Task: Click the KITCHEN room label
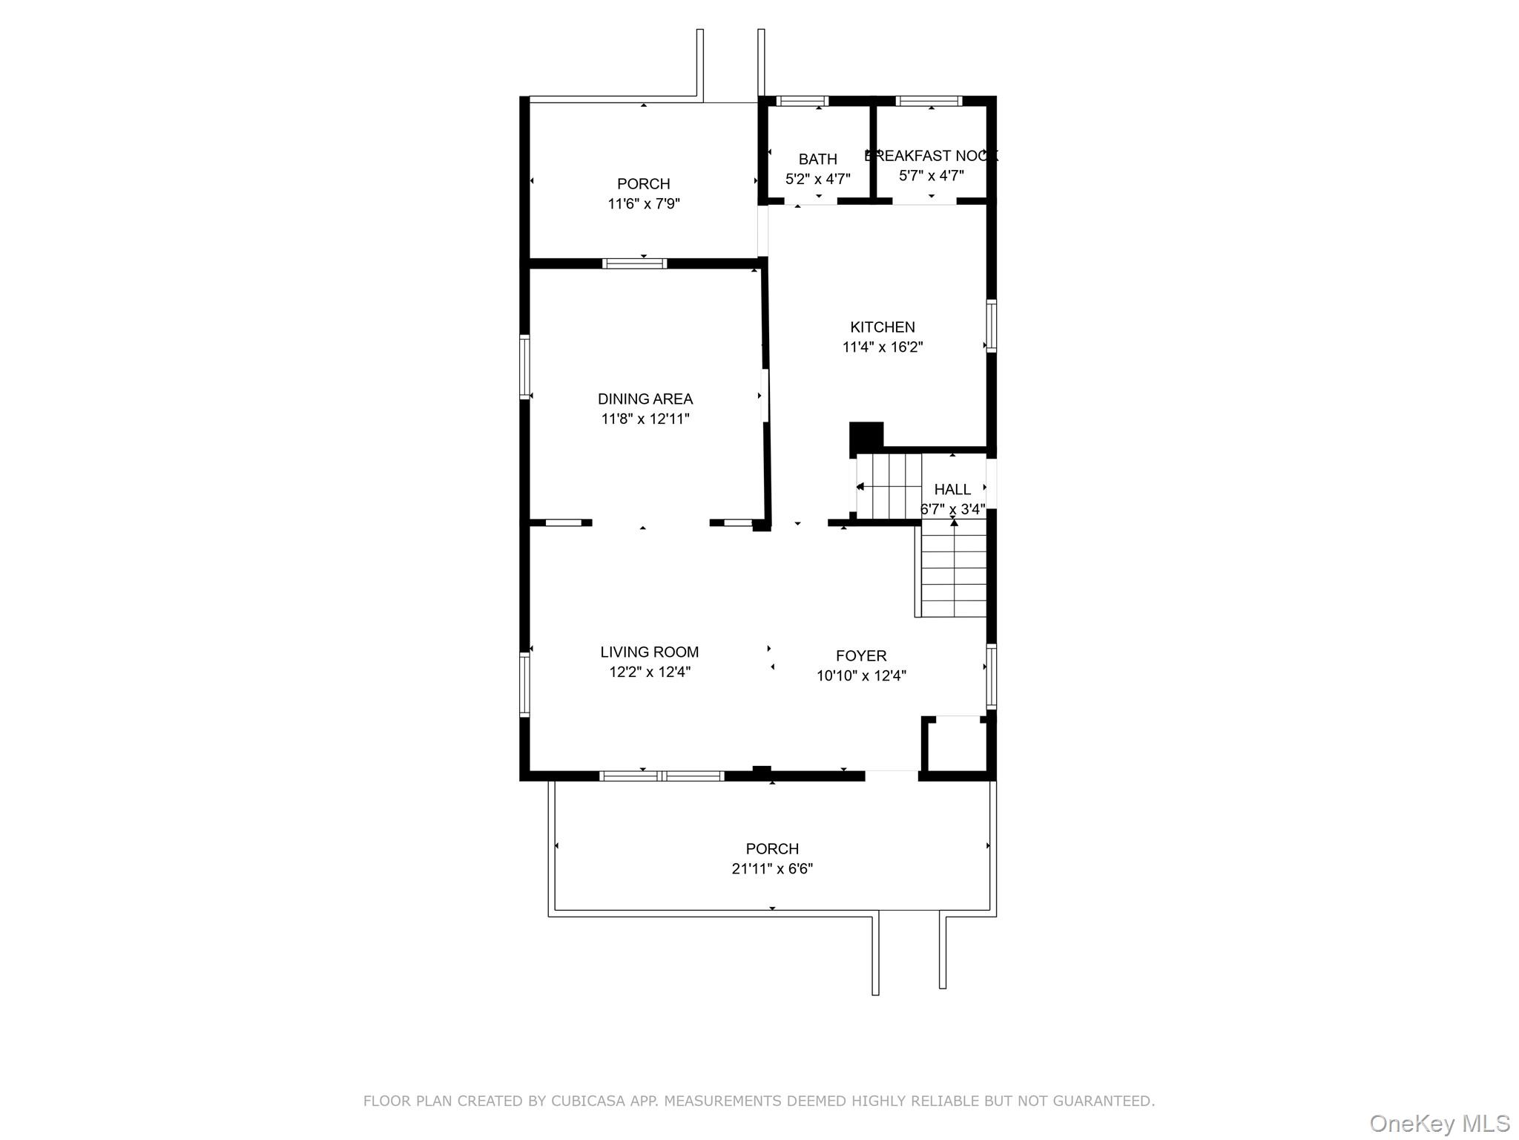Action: (882, 327)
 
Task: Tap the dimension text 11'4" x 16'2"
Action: (882, 347)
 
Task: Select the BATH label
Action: (817, 159)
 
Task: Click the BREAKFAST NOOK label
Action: (931, 156)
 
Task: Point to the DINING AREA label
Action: (645, 399)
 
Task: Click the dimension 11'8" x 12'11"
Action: (645, 419)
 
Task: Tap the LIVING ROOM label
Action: (649, 652)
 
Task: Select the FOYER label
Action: (860, 656)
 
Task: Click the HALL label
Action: (952, 490)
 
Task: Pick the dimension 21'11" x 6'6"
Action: (771, 869)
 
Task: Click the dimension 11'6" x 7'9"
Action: (643, 204)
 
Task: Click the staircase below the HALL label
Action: (953, 570)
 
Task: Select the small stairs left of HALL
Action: (889, 487)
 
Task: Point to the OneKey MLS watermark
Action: (1439, 1124)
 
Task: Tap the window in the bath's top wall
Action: (802, 102)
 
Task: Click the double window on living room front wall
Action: (661, 776)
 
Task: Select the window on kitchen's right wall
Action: (991, 326)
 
